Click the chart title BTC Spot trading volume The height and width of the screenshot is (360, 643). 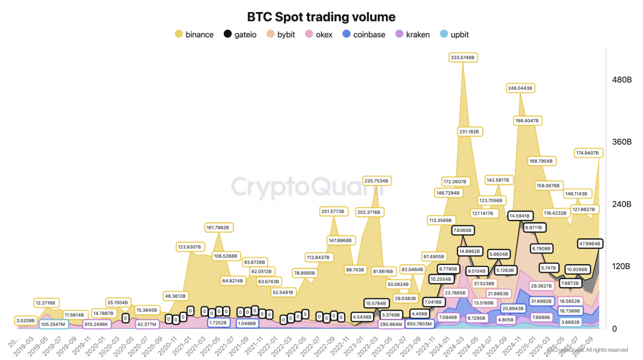tap(321, 17)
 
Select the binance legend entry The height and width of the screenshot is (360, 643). tap(194, 34)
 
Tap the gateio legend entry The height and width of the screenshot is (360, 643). tap(240, 34)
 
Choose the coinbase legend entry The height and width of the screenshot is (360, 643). tap(363, 34)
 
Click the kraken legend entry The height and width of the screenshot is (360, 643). tap(412, 34)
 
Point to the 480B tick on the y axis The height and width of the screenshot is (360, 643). tap(622, 80)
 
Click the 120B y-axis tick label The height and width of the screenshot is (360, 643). tap(622, 266)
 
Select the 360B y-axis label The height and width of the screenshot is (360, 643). tap(622, 142)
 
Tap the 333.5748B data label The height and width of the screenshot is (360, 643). tap(463, 57)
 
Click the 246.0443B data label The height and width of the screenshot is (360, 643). tap(519, 88)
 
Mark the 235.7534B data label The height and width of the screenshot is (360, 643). tap(376, 181)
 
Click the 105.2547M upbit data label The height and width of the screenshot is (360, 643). tap(53, 324)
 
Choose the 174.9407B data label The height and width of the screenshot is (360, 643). tap(588, 153)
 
